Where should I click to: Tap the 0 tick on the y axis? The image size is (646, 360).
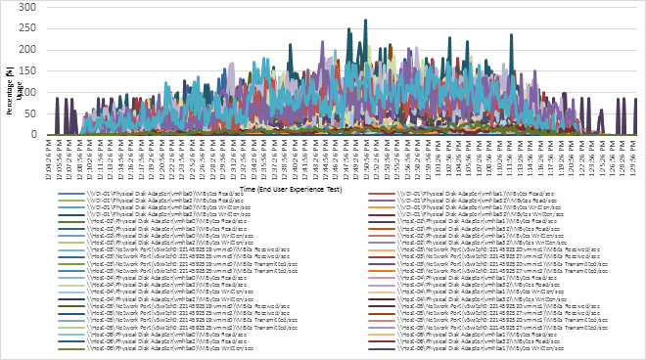pos(34,135)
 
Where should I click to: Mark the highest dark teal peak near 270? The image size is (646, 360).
pos(365,20)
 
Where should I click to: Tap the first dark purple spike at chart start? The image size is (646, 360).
pos(57,98)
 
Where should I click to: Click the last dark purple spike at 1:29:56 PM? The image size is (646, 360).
pos(635,98)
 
